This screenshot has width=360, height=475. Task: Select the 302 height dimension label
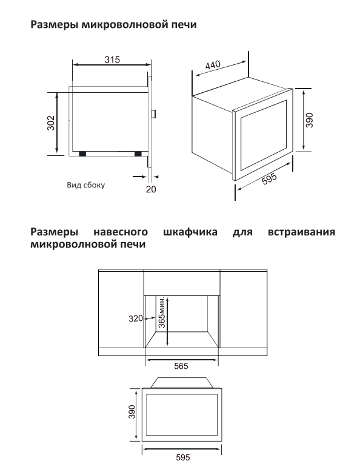point(52,123)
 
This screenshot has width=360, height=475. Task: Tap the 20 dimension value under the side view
point(151,189)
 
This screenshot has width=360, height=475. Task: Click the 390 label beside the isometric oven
point(309,120)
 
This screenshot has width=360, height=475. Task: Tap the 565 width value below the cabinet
point(181,366)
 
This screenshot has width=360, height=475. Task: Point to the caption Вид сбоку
point(85,185)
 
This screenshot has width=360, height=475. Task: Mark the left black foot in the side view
point(82,154)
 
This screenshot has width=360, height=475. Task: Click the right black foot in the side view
point(138,154)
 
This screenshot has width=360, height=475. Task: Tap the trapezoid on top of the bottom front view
point(182,382)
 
